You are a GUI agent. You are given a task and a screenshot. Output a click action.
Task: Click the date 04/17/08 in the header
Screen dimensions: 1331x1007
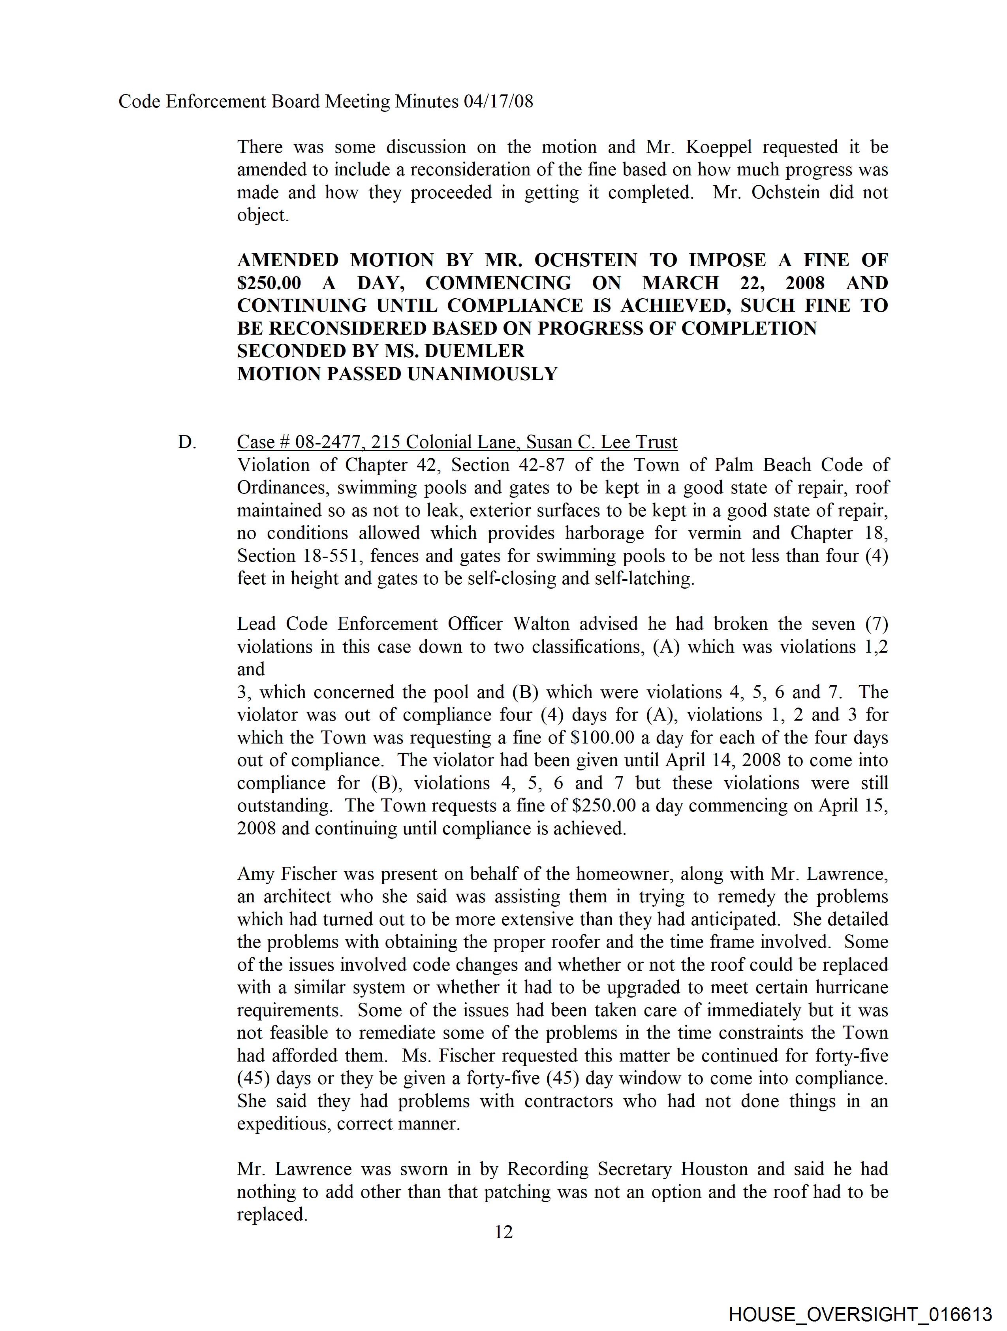498,101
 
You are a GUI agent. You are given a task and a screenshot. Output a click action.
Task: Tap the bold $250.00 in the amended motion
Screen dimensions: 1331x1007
269,283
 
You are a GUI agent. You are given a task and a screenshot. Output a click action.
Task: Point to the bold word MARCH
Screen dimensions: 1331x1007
680,283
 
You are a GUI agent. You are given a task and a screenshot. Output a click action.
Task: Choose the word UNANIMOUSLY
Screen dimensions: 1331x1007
483,374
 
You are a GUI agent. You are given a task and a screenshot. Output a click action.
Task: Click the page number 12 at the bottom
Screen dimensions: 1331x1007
503,1232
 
